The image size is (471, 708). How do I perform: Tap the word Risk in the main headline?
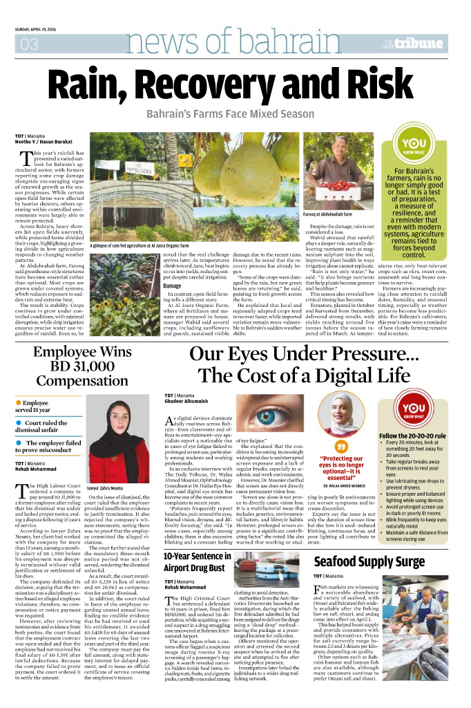pos(369,86)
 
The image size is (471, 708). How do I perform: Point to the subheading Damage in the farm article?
pos(172,285)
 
